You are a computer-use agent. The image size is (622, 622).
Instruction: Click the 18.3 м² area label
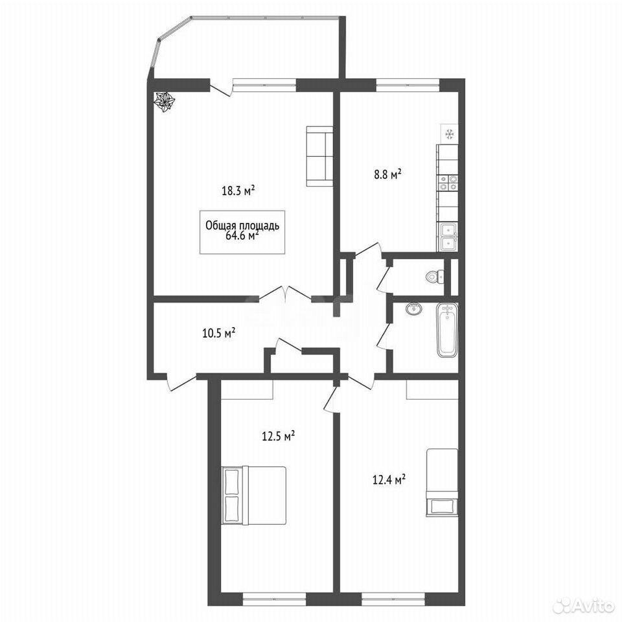tap(238, 190)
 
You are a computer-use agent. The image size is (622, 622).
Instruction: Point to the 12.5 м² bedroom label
tap(278, 436)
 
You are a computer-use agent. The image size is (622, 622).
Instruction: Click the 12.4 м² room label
tap(389, 480)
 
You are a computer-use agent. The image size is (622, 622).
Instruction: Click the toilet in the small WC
tap(435, 276)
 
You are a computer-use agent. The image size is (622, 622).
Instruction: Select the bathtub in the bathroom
tap(447, 330)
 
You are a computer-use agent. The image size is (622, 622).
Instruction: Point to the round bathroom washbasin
tap(414, 308)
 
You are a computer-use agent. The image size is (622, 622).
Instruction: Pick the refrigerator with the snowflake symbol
tap(450, 134)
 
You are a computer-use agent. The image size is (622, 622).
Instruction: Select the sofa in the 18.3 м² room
tap(319, 156)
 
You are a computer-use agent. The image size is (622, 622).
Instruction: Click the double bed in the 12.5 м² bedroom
tap(254, 496)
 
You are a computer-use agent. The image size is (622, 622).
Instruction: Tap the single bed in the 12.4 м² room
tap(442, 482)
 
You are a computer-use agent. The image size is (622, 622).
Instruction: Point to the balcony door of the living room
tap(221, 87)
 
